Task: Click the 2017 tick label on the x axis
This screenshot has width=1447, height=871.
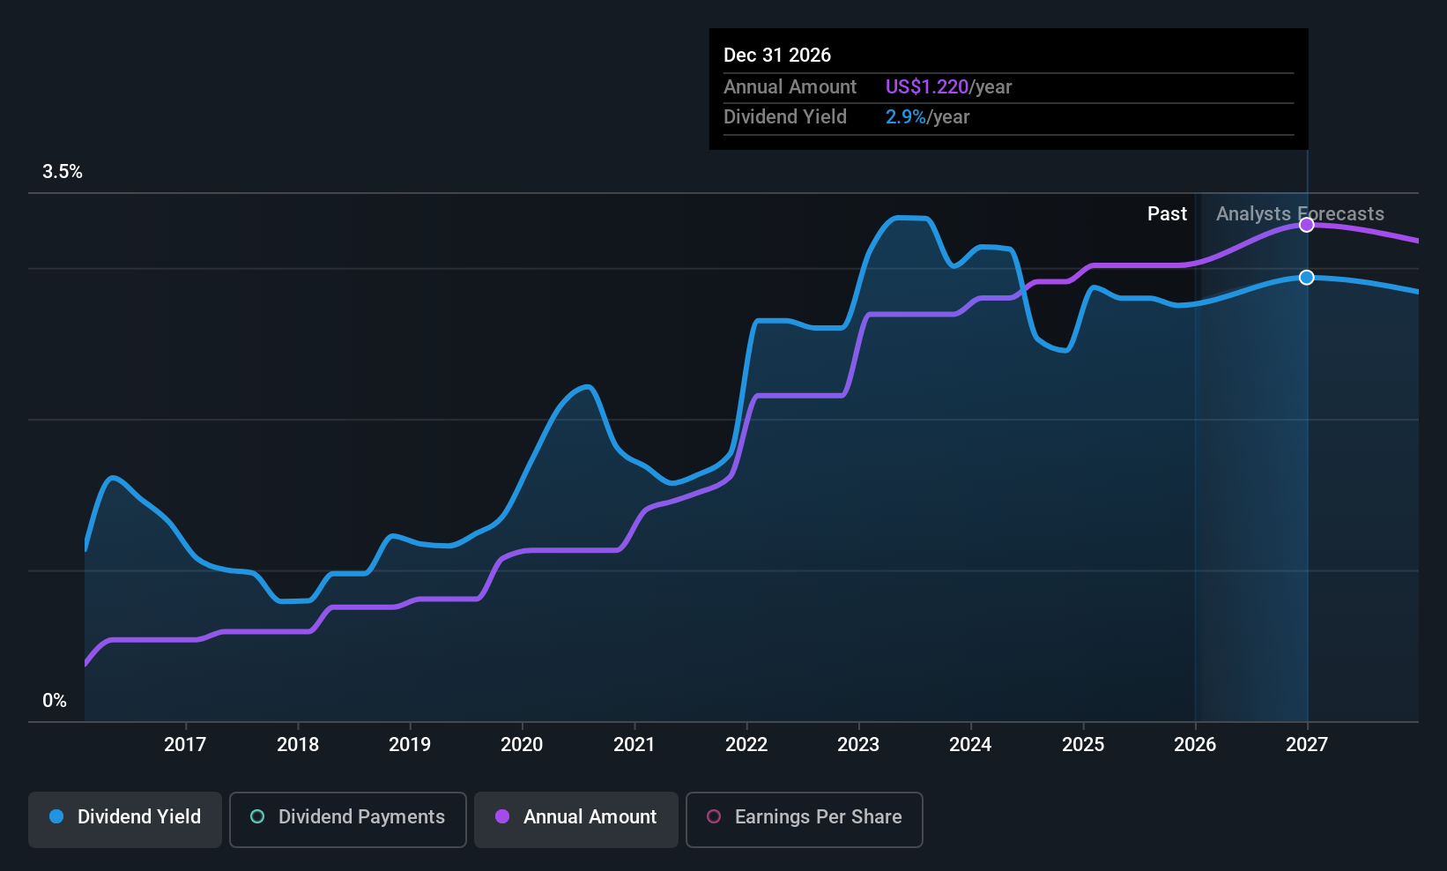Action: click(x=185, y=744)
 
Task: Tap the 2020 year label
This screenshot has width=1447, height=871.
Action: click(x=522, y=744)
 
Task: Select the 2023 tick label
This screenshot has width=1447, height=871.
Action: click(x=858, y=744)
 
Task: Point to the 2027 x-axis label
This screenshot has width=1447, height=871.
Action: click(x=1307, y=744)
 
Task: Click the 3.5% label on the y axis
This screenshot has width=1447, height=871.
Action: click(x=63, y=172)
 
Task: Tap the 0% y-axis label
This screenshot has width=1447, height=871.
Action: click(x=55, y=701)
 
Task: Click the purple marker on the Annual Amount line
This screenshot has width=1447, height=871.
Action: click(x=1307, y=225)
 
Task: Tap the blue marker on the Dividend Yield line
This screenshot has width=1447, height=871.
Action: click(x=1307, y=277)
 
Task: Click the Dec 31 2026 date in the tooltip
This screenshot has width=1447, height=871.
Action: click(x=777, y=55)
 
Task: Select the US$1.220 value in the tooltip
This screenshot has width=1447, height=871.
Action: click(x=927, y=86)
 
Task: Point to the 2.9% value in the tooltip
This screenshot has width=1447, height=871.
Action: click(x=906, y=117)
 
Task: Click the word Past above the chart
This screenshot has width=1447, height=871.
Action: click(x=1168, y=214)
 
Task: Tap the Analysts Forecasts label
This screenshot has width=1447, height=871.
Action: click(x=1301, y=214)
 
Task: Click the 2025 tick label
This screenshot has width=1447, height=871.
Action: click(x=1083, y=744)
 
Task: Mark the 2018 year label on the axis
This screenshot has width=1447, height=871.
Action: click(x=298, y=744)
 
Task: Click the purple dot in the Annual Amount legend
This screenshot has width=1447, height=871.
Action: click(x=502, y=816)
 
